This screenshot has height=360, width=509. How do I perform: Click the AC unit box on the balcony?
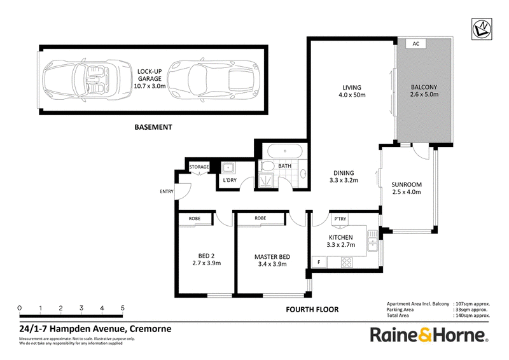[x=416, y=43]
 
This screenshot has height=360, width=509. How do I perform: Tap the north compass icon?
[x=482, y=29]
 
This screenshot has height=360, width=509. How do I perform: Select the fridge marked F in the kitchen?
[x=319, y=262]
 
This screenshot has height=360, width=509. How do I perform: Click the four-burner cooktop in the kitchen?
[x=347, y=262]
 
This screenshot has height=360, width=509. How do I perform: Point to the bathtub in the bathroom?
[x=284, y=151]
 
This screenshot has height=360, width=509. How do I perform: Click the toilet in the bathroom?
[x=267, y=166]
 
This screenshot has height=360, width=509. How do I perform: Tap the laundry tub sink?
[x=228, y=168]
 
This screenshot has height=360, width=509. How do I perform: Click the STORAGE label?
[x=199, y=167]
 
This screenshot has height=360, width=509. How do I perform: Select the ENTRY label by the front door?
[x=167, y=191]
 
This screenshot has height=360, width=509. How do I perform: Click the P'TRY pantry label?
[x=340, y=219]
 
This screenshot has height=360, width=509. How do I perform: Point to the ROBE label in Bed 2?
[x=195, y=218]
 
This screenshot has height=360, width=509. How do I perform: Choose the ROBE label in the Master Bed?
[x=260, y=218]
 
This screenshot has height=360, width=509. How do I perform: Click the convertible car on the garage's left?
[x=87, y=80]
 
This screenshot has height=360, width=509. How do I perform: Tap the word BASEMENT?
[x=153, y=127]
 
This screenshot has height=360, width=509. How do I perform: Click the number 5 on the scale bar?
[x=122, y=308]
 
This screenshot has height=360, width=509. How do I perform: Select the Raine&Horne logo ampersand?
[x=425, y=335]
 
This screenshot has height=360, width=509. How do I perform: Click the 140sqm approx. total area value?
[x=473, y=315]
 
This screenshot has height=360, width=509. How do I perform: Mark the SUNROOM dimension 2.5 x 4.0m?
[x=407, y=192]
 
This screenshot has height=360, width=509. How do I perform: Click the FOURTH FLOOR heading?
[x=312, y=309]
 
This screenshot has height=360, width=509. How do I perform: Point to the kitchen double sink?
[x=373, y=240]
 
